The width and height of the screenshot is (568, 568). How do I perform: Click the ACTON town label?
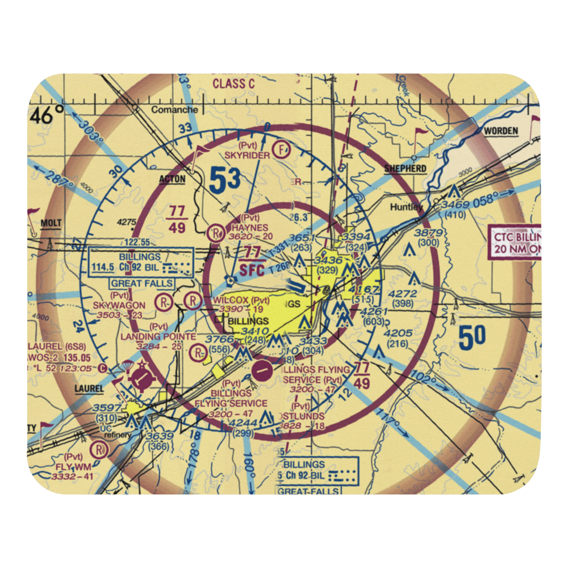point(172,179)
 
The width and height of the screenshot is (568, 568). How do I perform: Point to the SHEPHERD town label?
point(405,169)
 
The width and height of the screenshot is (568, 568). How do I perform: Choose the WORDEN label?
point(500,131)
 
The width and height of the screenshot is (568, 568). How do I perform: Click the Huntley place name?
point(406,207)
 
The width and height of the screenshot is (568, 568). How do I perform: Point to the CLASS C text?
point(233,83)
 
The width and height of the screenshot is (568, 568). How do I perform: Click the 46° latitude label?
point(48,115)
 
